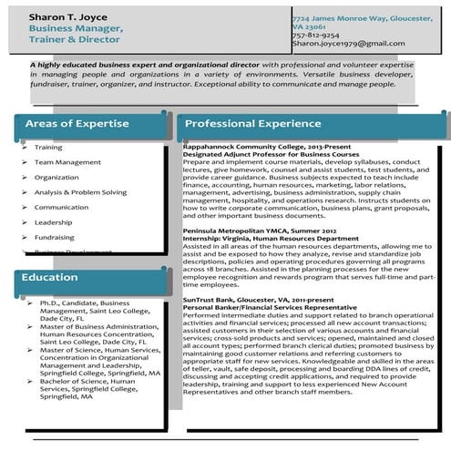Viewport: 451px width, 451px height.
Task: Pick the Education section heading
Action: (51, 278)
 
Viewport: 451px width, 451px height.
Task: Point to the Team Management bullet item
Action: (67, 162)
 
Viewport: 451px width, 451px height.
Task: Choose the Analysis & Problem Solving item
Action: (80, 192)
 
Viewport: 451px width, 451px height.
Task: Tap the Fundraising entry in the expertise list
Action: (55, 237)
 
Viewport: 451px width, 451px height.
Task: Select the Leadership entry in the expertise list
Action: (53, 222)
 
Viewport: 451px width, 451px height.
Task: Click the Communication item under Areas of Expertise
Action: (61, 207)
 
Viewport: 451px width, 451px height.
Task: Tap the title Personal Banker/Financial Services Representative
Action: (270, 307)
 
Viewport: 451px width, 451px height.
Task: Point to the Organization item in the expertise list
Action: (56, 178)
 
